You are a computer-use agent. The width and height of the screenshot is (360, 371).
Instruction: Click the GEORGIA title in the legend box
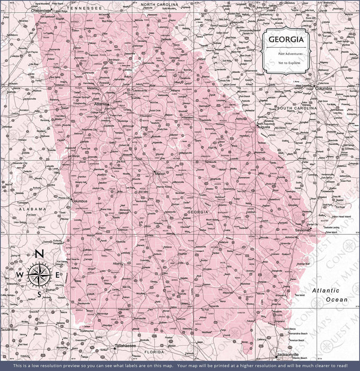coord(286,40)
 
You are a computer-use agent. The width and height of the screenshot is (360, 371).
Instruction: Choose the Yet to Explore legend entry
coord(288,63)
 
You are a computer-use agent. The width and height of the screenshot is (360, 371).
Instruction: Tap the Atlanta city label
coord(101,105)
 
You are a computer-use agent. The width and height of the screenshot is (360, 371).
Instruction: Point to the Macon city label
coord(160,173)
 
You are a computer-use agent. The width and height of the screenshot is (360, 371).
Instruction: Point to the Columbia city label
coord(323,89)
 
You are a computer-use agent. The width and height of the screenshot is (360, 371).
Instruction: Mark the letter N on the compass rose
coord(39,254)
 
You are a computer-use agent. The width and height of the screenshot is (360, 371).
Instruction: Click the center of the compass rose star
coord(39,275)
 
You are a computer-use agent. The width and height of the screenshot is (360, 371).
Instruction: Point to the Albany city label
coord(117,263)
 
